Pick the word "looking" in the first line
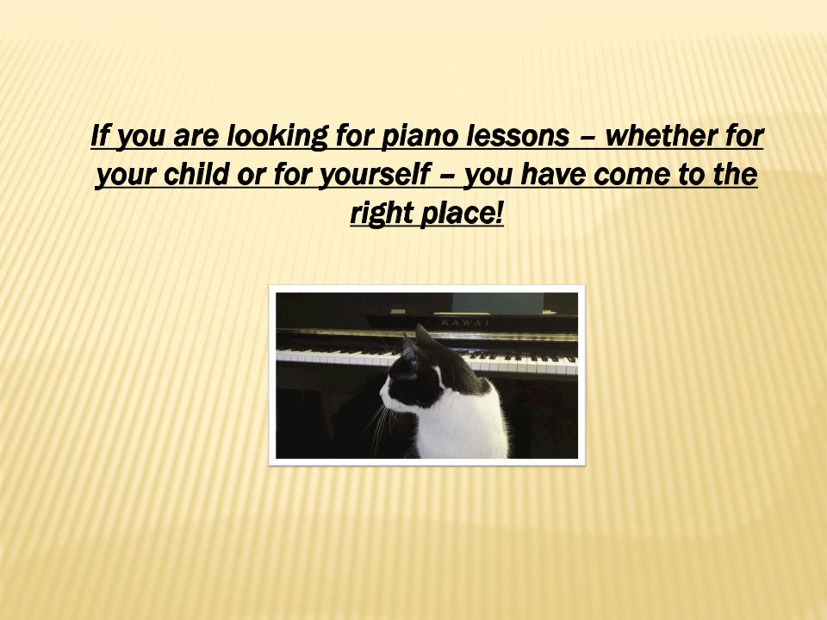tap(277, 136)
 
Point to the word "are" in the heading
tap(196, 138)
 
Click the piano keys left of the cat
tap(338, 356)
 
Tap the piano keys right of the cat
tap(522, 363)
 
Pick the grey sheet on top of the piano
tap(497, 303)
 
